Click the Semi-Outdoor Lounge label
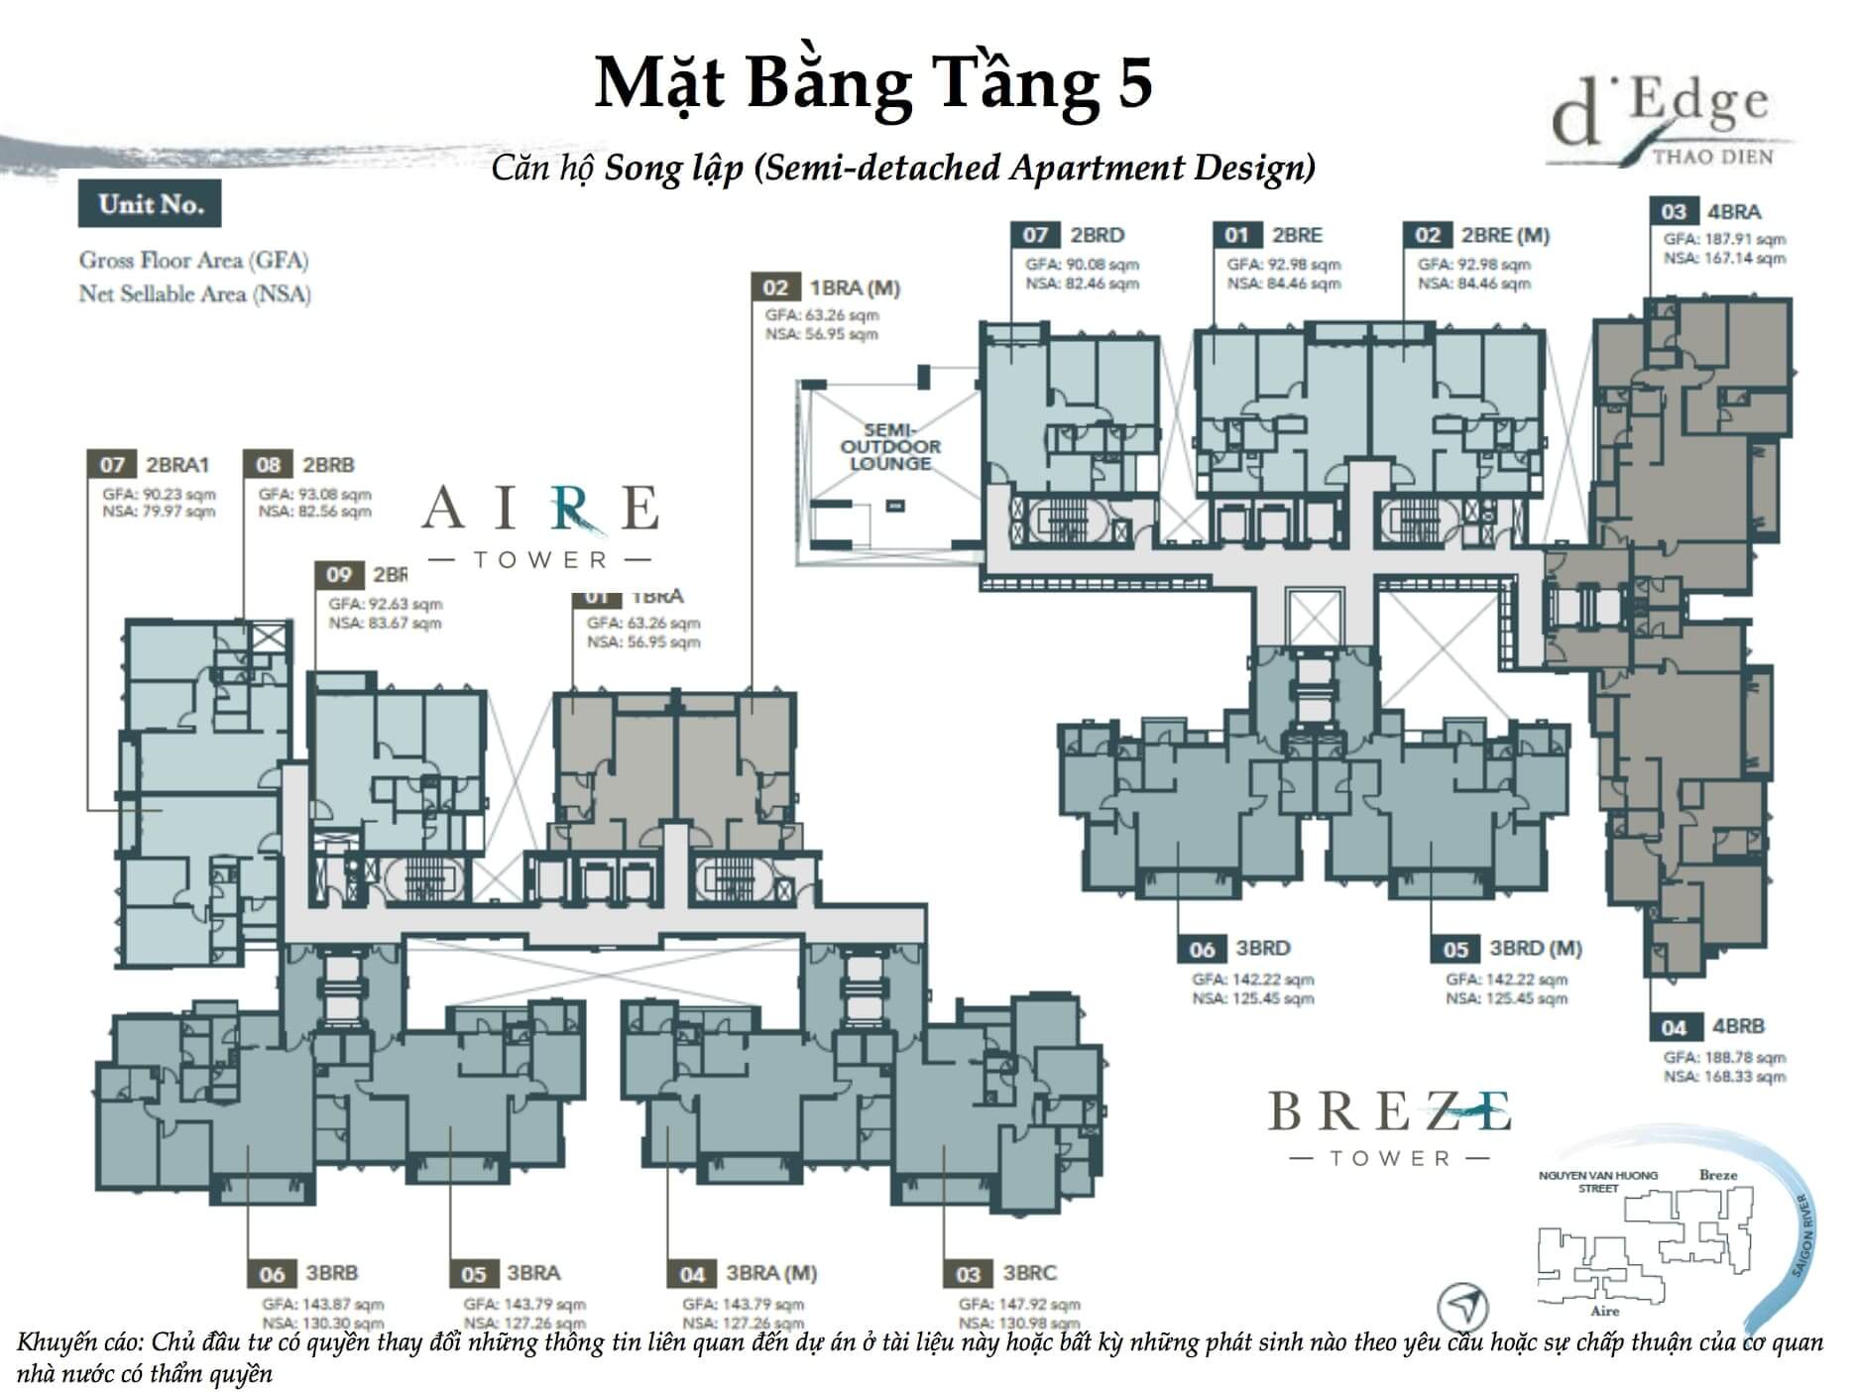[889, 447]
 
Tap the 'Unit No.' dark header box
[150, 204]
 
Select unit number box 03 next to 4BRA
[1673, 211]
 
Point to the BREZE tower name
[1390, 1111]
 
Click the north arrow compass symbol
[1464, 1302]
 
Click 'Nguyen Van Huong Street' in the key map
[1597, 1182]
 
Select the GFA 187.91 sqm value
[1724, 239]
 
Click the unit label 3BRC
[1029, 1273]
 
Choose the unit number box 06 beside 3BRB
[272, 1274]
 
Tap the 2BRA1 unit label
[177, 464]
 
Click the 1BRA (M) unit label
[854, 288]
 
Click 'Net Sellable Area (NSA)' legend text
[194, 294]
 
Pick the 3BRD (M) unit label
[1535, 949]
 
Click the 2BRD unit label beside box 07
[1097, 235]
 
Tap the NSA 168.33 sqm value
[1724, 1076]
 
